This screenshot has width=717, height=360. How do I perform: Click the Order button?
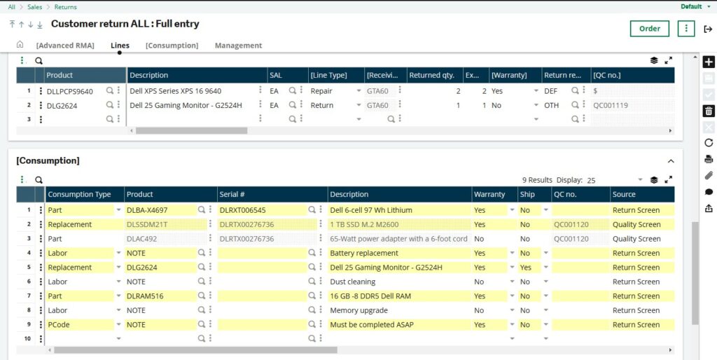point(649,29)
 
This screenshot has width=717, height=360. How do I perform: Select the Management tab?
point(238,46)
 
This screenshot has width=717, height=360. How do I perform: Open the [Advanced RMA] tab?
point(65,46)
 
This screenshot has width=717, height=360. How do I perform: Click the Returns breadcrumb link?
point(65,7)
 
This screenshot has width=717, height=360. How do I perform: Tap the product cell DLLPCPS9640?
point(70,91)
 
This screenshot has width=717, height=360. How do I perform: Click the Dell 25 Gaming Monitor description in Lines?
point(186,106)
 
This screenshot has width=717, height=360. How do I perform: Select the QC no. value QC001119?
point(611,106)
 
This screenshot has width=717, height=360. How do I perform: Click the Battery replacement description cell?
point(361,253)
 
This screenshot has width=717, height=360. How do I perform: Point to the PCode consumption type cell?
point(59,325)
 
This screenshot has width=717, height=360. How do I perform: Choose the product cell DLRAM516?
point(145,296)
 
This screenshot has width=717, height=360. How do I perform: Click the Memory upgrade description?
point(358,310)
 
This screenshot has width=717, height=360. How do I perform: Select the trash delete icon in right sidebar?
point(709,111)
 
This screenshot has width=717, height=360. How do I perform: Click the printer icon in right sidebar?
point(709,159)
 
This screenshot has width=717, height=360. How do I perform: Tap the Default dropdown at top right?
point(694,7)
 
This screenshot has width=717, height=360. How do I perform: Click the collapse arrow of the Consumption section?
point(670,161)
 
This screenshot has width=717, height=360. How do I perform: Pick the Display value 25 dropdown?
point(615,180)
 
